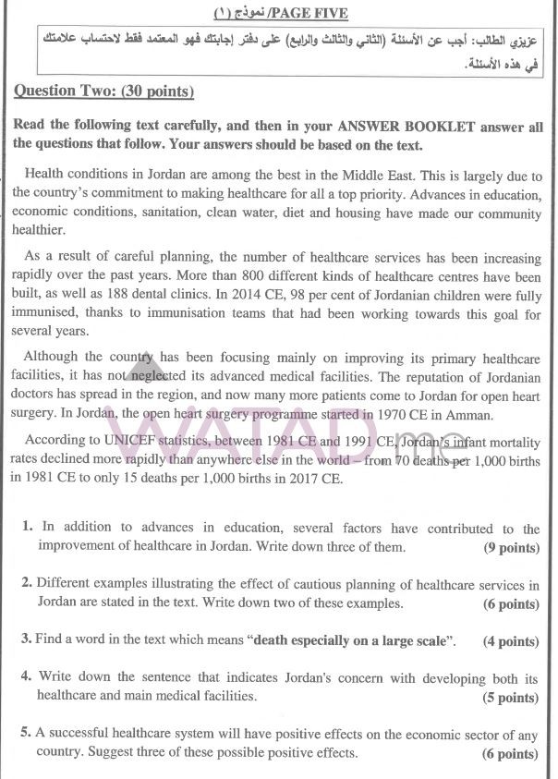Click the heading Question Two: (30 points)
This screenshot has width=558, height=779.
[x=103, y=91]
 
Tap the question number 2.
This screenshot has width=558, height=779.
[x=27, y=585]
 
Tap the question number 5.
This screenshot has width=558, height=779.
[x=27, y=734]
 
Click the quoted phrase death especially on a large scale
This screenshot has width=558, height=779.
[x=354, y=640]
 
